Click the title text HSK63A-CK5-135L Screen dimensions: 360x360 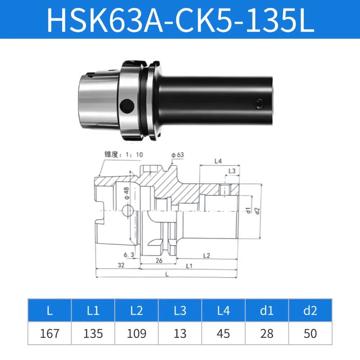[180, 19]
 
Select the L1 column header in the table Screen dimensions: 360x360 [93, 310]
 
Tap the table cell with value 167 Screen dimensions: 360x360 [49, 333]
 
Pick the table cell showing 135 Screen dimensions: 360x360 [93, 333]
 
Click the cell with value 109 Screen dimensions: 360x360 [136, 333]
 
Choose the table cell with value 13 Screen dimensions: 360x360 [180, 333]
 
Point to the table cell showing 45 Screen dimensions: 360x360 [223, 333]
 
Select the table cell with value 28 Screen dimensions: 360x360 [266, 333]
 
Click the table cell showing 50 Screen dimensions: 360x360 [310, 333]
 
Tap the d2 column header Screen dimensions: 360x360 [310, 310]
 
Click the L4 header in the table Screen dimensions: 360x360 [223, 310]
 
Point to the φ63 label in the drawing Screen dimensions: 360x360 [177, 155]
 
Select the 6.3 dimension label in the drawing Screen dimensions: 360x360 [130, 255]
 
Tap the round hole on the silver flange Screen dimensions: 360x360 [129, 106]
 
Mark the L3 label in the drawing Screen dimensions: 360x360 [232, 171]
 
